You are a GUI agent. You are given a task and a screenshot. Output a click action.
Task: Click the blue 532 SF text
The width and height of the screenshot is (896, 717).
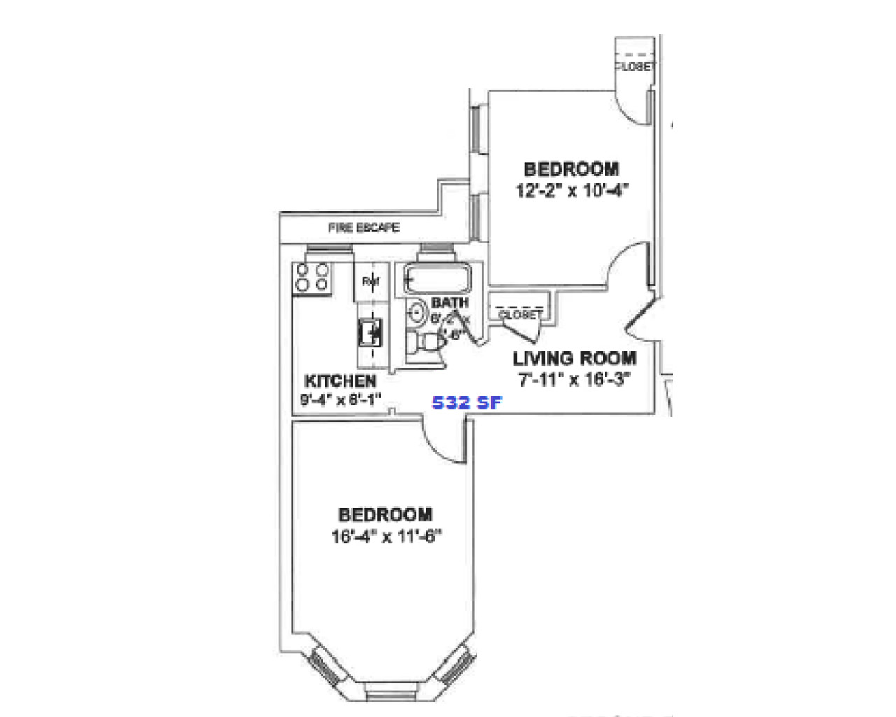click(x=467, y=403)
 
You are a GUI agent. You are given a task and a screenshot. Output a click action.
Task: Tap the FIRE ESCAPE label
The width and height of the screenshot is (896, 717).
click(x=364, y=228)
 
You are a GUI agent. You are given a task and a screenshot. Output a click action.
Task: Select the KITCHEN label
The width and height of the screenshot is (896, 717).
click(x=341, y=382)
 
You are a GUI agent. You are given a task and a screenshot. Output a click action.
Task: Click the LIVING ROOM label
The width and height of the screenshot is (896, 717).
click(x=575, y=358)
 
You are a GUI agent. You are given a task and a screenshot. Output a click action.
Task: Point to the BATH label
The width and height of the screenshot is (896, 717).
click(x=449, y=302)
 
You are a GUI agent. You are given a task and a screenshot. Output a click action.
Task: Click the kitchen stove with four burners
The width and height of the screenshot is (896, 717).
click(x=312, y=277)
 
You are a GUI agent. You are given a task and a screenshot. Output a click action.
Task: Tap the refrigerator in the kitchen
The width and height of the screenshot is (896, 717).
click(x=371, y=281)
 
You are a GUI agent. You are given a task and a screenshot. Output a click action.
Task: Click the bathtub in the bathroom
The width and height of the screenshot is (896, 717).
click(x=436, y=280)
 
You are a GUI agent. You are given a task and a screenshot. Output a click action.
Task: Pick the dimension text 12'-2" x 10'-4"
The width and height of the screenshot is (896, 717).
click(x=572, y=190)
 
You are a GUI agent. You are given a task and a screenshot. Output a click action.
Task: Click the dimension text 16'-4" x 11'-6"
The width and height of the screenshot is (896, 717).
click(x=386, y=536)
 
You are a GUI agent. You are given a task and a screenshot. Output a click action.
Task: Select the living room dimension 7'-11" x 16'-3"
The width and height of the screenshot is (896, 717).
click(x=575, y=380)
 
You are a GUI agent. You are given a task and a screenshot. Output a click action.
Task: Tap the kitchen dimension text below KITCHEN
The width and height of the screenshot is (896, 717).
click(x=341, y=400)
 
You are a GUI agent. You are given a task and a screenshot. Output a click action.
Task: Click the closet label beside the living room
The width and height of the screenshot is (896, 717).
click(x=519, y=315)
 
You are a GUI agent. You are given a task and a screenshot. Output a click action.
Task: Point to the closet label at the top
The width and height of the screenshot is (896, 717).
click(x=636, y=67)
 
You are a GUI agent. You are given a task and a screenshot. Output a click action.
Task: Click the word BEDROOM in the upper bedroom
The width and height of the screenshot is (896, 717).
click(x=571, y=169)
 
